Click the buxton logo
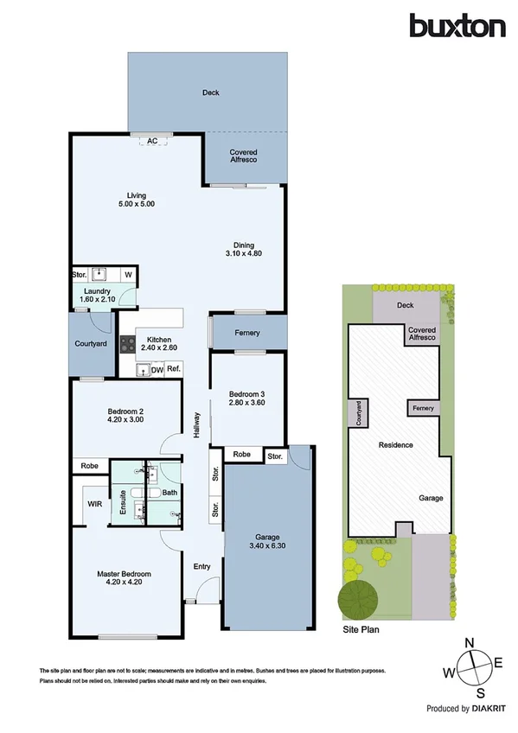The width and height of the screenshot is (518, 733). pos(457,26)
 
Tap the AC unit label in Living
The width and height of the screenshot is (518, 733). pos(152,140)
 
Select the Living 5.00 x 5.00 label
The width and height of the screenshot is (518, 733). pos(135,200)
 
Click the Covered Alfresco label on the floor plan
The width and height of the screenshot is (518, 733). pos(243,156)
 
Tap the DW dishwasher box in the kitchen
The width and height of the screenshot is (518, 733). pos(157,370)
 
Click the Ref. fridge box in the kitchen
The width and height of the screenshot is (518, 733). pos(173,370)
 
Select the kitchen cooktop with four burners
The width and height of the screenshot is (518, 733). pos(127,346)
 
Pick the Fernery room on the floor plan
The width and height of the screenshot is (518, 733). pos(248,333)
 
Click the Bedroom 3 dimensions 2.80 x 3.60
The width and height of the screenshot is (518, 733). pos(246,402)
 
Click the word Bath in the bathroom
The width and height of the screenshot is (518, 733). pos(169,493)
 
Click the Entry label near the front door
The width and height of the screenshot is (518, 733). pos(201,567)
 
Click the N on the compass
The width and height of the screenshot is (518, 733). pos(470,644)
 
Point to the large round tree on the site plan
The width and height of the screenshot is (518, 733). pos(358,597)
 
